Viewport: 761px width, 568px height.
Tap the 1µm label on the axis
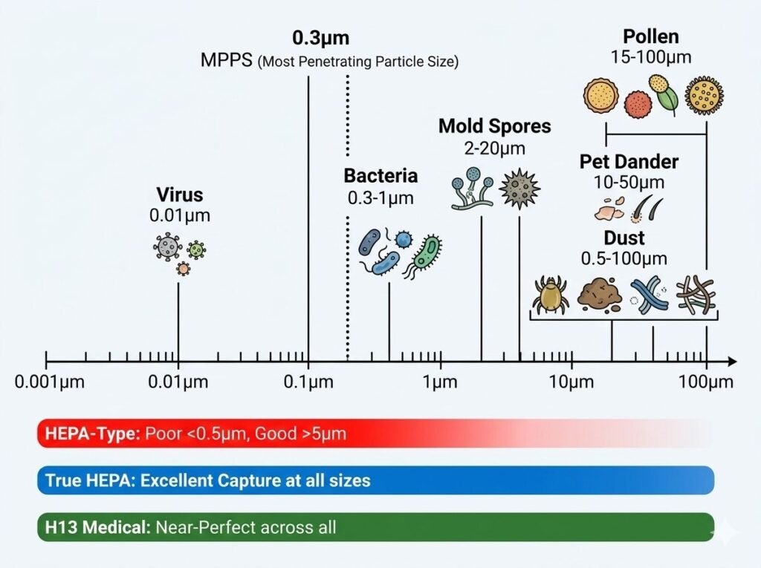441,383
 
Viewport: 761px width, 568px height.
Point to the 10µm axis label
572,383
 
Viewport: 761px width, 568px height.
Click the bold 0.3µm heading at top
320,38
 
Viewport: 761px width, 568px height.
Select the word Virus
179,195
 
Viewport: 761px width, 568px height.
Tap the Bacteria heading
380,176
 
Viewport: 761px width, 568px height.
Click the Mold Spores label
494,126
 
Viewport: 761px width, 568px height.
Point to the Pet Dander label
629,161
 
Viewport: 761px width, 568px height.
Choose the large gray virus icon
168,246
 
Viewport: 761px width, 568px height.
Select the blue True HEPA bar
375,480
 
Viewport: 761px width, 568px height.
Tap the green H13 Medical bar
375,527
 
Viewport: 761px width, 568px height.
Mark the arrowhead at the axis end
732,362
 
